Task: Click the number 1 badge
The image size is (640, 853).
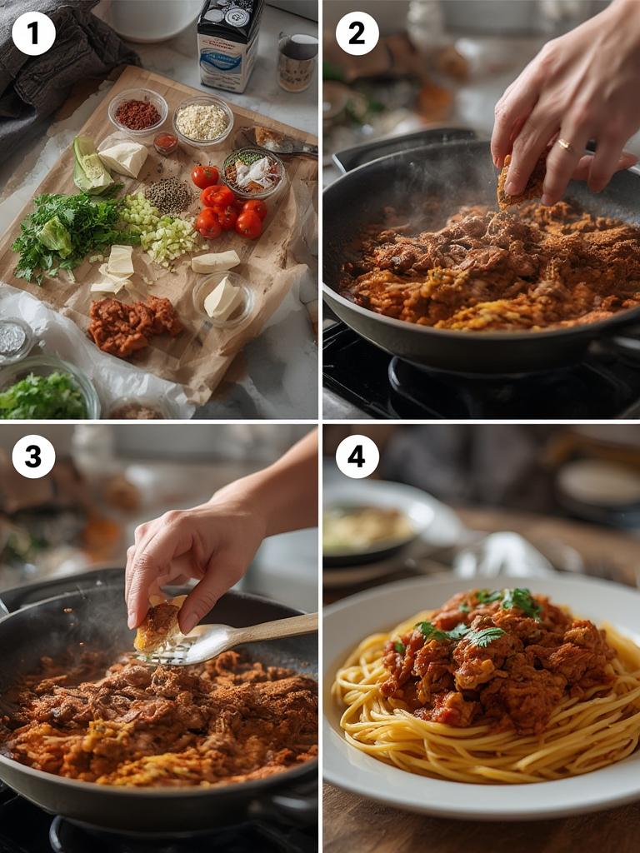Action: [x=33, y=33]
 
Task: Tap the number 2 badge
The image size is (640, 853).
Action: [x=357, y=33]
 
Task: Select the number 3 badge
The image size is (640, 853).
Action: [x=33, y=456]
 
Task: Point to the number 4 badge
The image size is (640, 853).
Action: [x=357, y=456]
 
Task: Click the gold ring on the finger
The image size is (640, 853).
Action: [x=565, y=146]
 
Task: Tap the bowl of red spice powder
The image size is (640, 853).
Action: [x=137, y=112]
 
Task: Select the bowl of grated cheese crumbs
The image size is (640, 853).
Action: [x=202, y=121]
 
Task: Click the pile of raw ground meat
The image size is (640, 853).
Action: [x=133, y=323]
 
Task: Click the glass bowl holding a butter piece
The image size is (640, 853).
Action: [x=222, y=298]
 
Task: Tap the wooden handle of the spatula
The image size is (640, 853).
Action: [x=275, y=627]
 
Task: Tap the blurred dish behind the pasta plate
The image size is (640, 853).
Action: [x=375, y=525]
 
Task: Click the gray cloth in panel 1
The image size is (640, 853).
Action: [x=58, y=67]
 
